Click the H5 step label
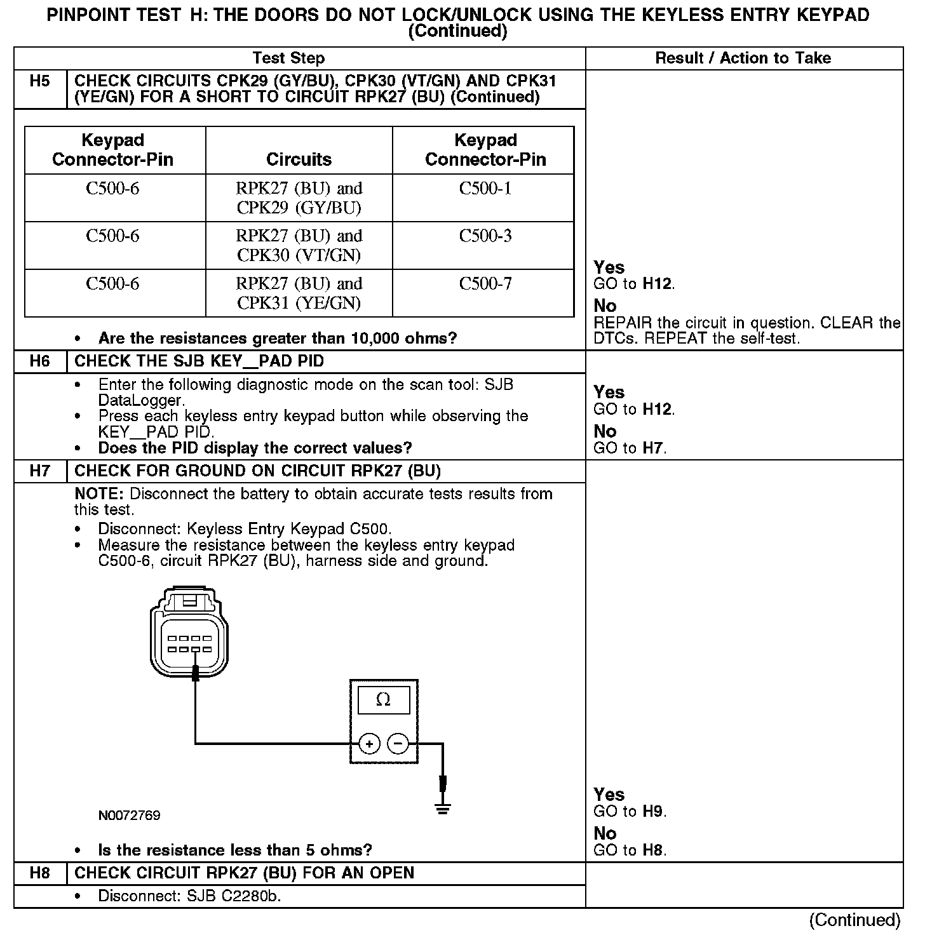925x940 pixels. coord(39,81)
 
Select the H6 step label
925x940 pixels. coord(39,361)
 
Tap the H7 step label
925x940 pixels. coord(39,471)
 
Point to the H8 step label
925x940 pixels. coord(39,873)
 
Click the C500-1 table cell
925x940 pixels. coord(485,189)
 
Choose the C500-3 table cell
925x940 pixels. coord(485,236)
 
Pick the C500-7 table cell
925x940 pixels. coord(485,284)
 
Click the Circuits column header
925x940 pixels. coord(299,159)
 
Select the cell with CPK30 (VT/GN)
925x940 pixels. coord(299,246)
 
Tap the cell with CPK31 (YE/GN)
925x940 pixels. coord(299,293)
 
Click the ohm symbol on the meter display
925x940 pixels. coord(383,700)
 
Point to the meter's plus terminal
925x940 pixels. coord(369,743)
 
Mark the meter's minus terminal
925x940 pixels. coord(398,743)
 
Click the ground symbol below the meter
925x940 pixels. coord(443,809)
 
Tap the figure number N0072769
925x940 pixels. coord(129,816)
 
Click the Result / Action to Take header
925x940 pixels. coord(743,58)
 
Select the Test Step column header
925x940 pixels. coord(288,58)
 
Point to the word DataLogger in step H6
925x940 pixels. coord(140,401)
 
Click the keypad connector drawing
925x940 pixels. coord(190,635)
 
